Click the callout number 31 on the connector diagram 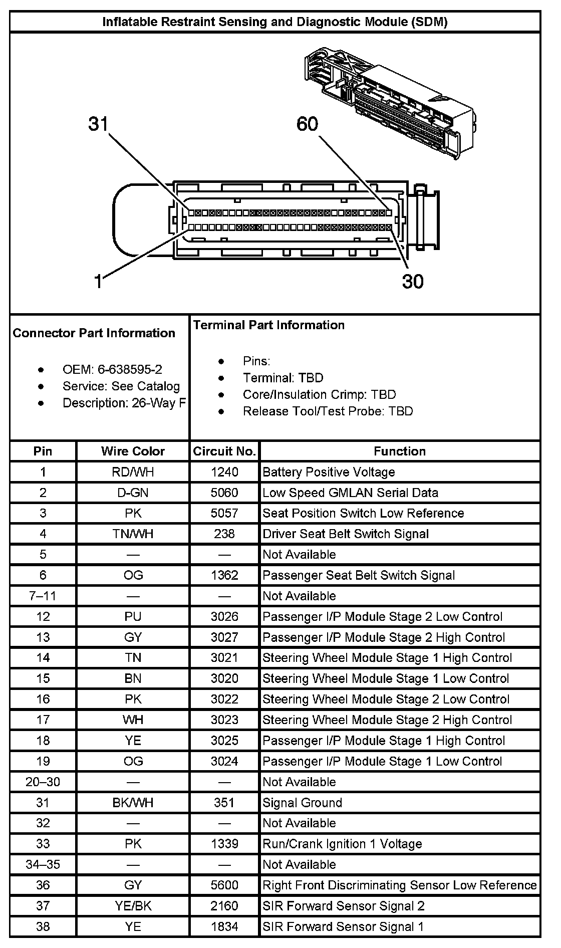click(98, 123)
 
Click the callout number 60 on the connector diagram click(307, 123)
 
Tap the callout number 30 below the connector click(413, 282)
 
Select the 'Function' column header click(399, 451)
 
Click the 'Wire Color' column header click(133, 451)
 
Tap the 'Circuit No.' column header click(224, 451)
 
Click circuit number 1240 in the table click(224, 472)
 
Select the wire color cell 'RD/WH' click(133, 472)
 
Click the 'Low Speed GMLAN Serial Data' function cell click(350, 493)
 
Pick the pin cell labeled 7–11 click(43, 596)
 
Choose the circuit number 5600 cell click(224, 885)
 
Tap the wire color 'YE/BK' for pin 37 click(133, 906)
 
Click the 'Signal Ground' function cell click(302, 803)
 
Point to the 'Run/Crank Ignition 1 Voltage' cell click(342, 844)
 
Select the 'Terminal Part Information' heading click(269, 325)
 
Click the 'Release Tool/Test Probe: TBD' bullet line click(328, 411)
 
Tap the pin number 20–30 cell click(43, 782)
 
